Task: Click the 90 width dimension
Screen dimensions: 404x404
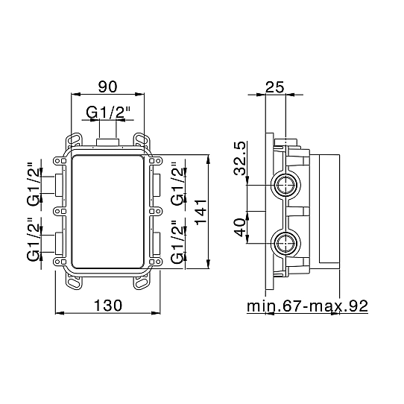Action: point(107,86)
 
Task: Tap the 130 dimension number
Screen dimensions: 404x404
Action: point(107,306)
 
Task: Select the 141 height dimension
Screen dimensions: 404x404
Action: point(201,212)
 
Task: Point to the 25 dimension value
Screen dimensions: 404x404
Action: point(274,86)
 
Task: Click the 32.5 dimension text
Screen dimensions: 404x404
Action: point(240,159)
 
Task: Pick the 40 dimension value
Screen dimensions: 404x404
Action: point(240,227)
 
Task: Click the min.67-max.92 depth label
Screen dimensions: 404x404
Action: point(307,306)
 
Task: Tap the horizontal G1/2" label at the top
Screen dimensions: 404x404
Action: point(108,113)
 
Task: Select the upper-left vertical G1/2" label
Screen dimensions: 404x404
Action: point(34,184)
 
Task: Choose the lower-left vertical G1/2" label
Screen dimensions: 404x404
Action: point(34,239)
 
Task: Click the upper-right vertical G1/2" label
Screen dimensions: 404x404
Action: point(178,183)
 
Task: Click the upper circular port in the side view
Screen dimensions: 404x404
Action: point(285,186)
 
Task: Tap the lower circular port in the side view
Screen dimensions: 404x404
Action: point(285,243)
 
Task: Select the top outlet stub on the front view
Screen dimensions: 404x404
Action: point(107,142)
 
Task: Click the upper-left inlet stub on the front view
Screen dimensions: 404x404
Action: point(59,186)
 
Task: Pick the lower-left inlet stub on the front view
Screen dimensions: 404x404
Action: point(59,244)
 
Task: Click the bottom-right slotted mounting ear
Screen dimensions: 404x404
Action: point(141,283)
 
